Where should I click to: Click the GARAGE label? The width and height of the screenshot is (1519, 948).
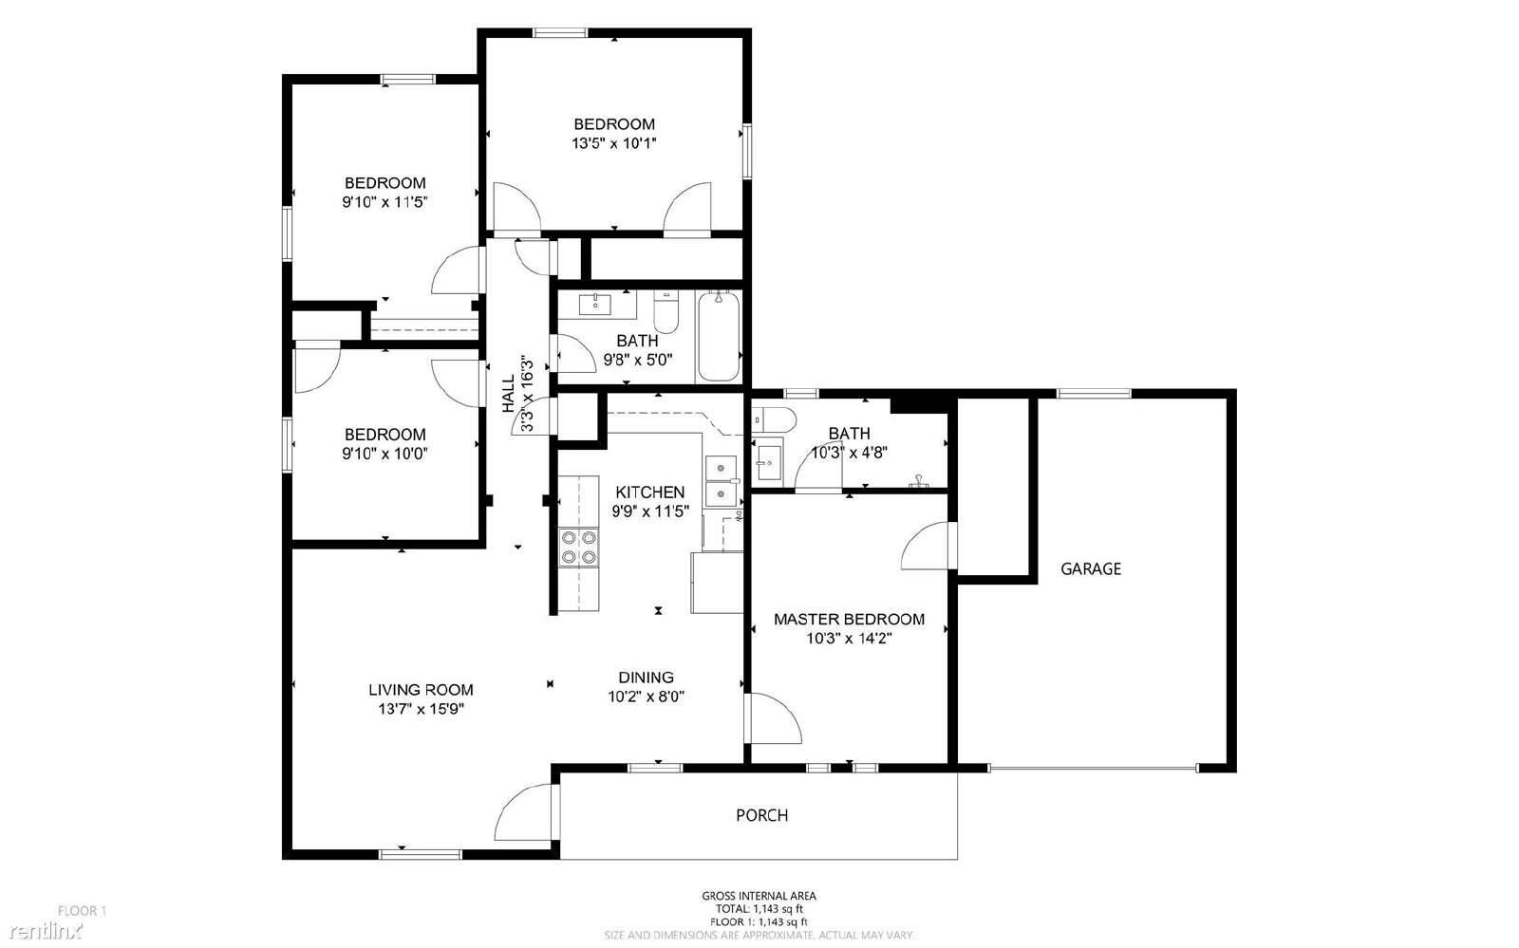[1090, 569]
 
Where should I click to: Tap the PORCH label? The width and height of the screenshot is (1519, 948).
[761, 815]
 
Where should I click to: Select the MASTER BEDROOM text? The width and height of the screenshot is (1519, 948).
[849, 620]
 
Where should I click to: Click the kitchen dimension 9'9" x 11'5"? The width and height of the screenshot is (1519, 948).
[649, 511]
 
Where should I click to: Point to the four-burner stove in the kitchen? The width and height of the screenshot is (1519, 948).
[578, 548]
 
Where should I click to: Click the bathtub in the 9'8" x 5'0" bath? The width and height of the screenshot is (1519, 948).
[718, 337]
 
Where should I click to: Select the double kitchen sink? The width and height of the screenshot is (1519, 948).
[722, 480]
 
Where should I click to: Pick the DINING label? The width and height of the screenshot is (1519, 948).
[646, 678]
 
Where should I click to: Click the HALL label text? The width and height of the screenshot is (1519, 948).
[509, 393]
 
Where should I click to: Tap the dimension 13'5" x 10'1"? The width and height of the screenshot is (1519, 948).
[613, 144]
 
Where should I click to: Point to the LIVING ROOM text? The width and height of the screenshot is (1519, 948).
[421, 690]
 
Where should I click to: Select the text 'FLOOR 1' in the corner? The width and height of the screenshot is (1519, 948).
[83, 910]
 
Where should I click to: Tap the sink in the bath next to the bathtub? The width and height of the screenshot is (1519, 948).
[596, 304]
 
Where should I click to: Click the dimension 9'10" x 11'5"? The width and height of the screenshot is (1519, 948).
[384, 202]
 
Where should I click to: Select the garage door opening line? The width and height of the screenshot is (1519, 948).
[1092, 768]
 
